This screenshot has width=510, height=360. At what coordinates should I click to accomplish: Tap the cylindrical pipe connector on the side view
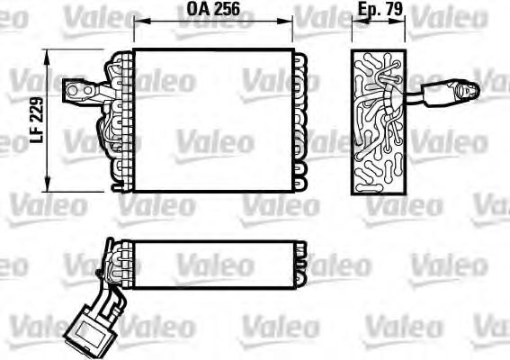pos(447,91)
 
